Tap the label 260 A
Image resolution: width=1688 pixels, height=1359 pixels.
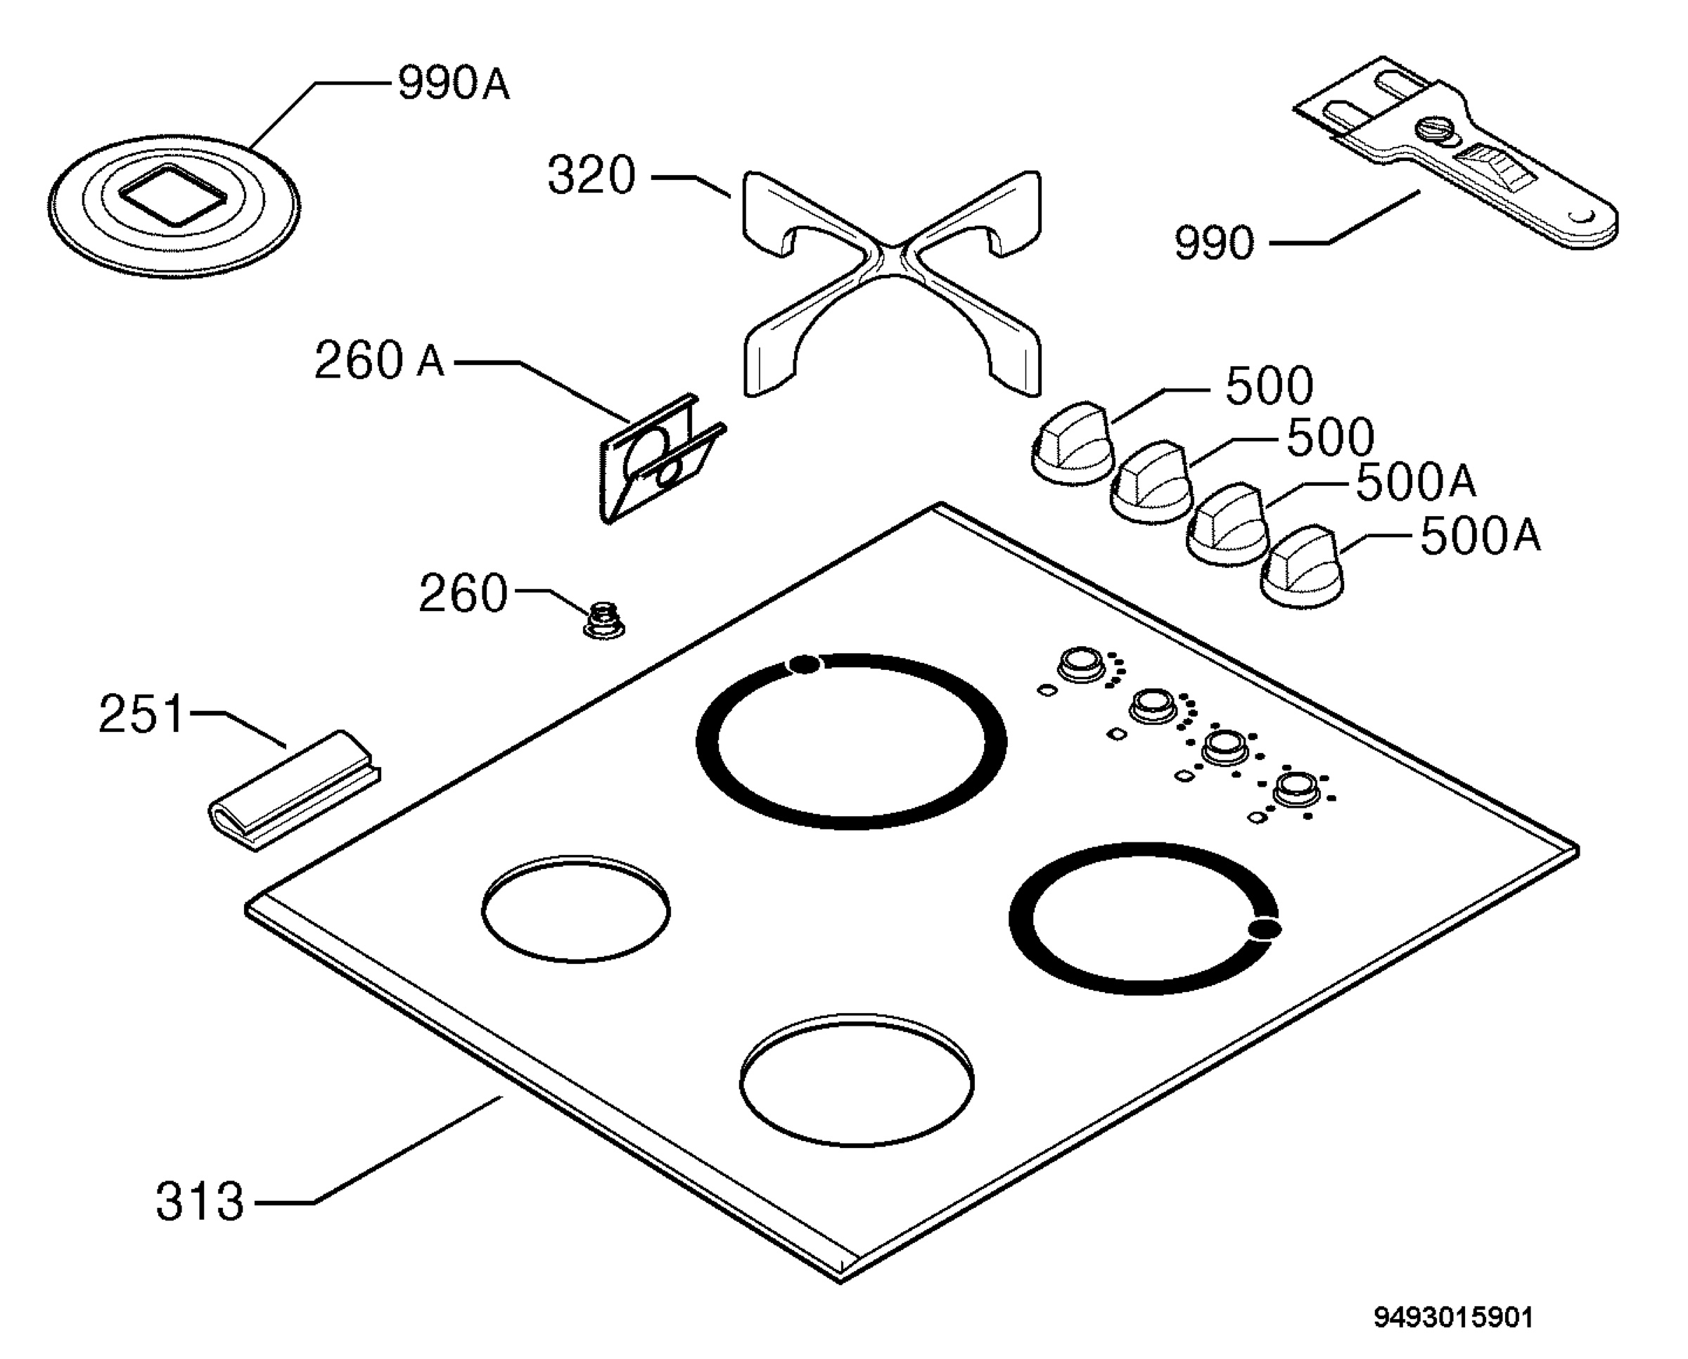[x=379, y=360]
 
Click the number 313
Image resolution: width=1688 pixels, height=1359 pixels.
[x=200, y=1201]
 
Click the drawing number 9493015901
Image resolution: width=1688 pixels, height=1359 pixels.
[x=1453, y=1318]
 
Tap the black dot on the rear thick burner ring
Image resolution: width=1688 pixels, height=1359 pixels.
[x=804, y=664]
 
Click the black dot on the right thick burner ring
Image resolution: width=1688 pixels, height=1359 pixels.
[x=1264, y=929]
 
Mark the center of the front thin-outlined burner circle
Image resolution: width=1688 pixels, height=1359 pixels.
[x=857, y=1083]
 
